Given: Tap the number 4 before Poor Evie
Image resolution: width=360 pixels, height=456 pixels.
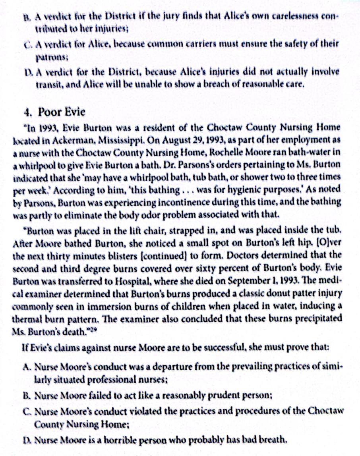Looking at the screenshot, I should (x=27, y=112).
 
